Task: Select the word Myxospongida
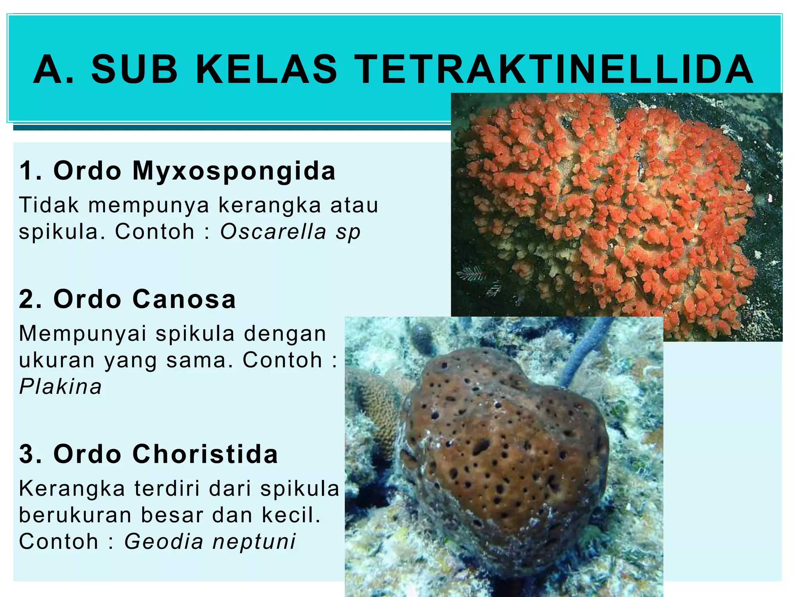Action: click(234, 171)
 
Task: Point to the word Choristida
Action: click(205, 454)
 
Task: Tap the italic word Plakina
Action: click(61, 387)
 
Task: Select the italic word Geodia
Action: click(164, 541)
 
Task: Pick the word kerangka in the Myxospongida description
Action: click(270, 205)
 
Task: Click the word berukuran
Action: click(75, 515)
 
